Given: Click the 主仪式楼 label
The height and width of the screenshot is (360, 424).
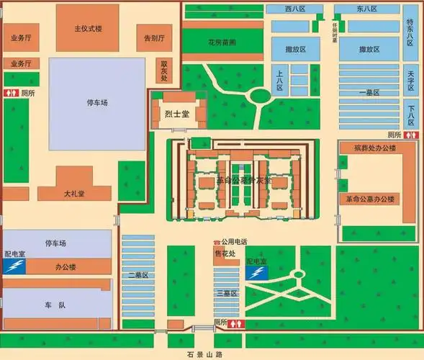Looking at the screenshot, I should click(x=89, y=29).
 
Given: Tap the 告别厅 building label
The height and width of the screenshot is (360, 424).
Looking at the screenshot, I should click(x=154, y=37).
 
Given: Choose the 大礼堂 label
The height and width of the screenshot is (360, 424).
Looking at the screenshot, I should click(x=74, y=194).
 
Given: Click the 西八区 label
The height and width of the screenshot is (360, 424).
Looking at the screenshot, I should click(x=295, y=9).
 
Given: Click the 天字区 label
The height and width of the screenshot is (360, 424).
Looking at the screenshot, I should click(x=410, y=80).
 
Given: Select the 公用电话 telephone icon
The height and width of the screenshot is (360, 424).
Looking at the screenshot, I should click(x=217, y=243).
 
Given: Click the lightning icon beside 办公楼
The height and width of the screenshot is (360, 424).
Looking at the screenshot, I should click(x=14, y=267).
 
